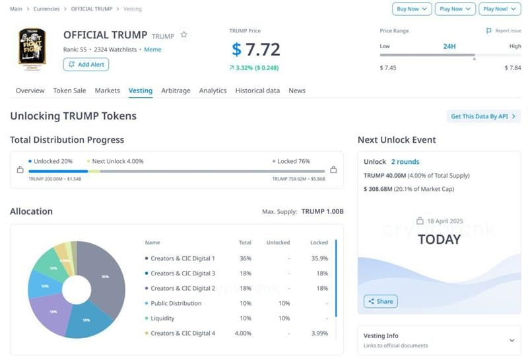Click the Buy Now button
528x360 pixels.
412,9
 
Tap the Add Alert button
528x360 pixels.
86,64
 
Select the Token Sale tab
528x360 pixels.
69,90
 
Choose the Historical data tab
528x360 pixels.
257,90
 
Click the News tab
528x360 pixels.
297,90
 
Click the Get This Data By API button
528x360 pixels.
483,116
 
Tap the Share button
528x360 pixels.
381,301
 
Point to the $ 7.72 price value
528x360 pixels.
256,50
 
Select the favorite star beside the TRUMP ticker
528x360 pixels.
184,35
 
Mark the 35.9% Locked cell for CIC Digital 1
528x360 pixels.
319,258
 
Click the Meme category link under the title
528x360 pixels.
152,50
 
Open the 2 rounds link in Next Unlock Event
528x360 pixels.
405,161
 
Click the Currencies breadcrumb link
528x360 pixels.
46,9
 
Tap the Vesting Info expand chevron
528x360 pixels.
512,340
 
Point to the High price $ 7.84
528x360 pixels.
513,68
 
